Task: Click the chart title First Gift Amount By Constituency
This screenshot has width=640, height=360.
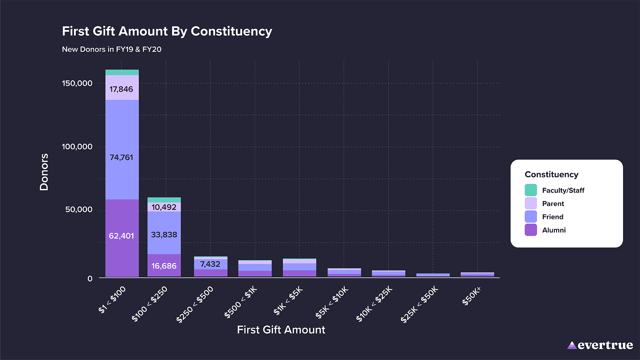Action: (167, 31)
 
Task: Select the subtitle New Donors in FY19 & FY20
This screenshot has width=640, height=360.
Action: (112, 49)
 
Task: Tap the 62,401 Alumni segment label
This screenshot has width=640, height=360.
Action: (121, 236)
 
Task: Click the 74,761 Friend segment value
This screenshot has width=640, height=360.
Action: (121, 157)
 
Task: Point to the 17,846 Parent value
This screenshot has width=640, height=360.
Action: (121, 89)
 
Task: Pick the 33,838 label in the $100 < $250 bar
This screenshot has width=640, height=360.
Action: (164, 235)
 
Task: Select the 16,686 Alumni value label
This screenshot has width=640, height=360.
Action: (164, 266)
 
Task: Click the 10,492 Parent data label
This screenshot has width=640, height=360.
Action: (164, 207)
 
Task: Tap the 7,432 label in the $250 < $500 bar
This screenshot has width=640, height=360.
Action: (210, 264)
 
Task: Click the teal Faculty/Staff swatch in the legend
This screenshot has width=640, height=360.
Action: (531, 190)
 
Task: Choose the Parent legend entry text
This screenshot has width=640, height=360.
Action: (553, 204)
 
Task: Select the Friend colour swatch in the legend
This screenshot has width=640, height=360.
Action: (531, 217)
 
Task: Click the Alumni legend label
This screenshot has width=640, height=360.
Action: (554, 230)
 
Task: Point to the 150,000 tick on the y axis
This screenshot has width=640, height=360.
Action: (77, 83)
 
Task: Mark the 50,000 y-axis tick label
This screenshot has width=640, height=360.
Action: (79, 210)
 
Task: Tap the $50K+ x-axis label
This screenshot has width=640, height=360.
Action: (471, 296)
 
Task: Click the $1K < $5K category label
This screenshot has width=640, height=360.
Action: (288, 300)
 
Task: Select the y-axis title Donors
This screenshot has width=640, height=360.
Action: (44, 172)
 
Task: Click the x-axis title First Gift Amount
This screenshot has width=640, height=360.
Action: (281, 330)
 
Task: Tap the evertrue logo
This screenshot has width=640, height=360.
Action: (600, 345)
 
